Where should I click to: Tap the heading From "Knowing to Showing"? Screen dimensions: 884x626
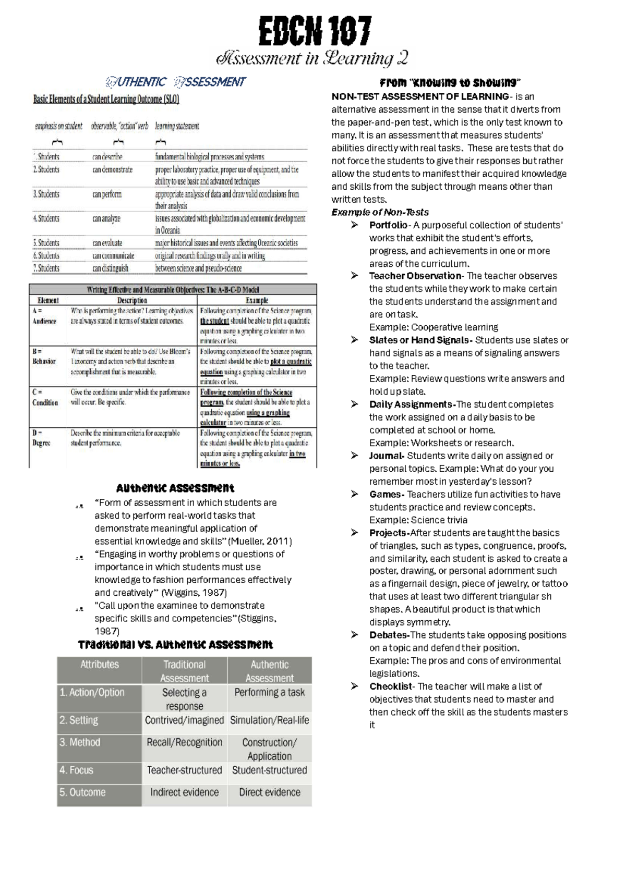(x=450, y=83)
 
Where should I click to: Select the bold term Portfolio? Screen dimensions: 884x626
(x=388, y=225)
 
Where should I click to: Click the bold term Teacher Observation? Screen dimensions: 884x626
(x=415, y=276)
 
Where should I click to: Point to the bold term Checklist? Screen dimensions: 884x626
(x=391, y=686)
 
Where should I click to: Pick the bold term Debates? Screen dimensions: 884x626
(x=389, y=635)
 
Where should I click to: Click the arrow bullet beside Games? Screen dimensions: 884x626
(x=355, y=494)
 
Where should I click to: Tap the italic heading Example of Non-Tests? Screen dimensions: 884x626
(x=380, y=212)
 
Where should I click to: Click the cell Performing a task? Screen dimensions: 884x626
(x=269, y=693)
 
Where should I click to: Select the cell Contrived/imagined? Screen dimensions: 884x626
(x=185, y=720)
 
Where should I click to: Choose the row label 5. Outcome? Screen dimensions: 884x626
(x=82, y=792)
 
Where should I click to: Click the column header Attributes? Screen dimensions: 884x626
(x=100, y=665)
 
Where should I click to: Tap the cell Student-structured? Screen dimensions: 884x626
(x=269, y=770)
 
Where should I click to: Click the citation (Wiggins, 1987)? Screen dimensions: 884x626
(x=194, y=593)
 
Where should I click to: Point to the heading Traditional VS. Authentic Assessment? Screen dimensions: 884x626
(x=175, y=645)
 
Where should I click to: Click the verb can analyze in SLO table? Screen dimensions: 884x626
(x=106, y=219)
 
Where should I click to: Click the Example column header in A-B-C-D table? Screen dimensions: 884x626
(x=257, y=300)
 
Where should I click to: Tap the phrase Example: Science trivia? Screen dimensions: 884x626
(x=418, y=520)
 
